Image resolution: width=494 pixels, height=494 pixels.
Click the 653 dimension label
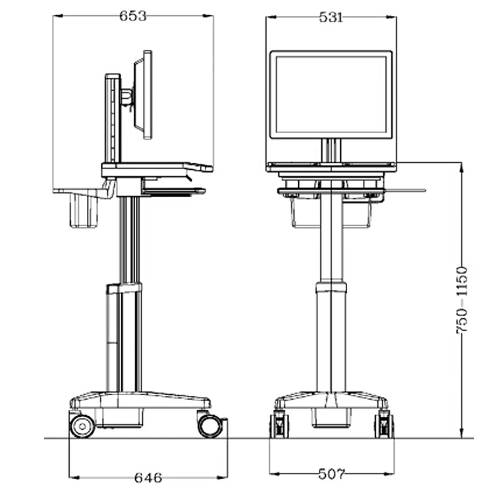tap(133, 16)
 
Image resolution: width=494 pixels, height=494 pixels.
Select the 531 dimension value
tap(331, 18)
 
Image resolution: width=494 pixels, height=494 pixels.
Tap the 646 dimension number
tap(148, 477)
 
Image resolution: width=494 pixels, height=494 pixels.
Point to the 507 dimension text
tap(331, 473)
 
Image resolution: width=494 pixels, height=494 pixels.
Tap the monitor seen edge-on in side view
tap(143, 95)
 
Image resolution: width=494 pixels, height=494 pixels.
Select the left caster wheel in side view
tap(82, 425)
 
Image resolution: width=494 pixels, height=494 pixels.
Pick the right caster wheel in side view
tap(209, 425)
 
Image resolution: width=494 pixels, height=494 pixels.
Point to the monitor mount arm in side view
tap(127, 97)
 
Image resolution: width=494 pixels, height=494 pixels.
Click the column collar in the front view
tap(331, 287)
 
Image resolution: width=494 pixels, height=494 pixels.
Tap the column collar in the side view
tap(124, 288)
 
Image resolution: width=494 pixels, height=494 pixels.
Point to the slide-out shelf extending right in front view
tap(404, 191)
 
